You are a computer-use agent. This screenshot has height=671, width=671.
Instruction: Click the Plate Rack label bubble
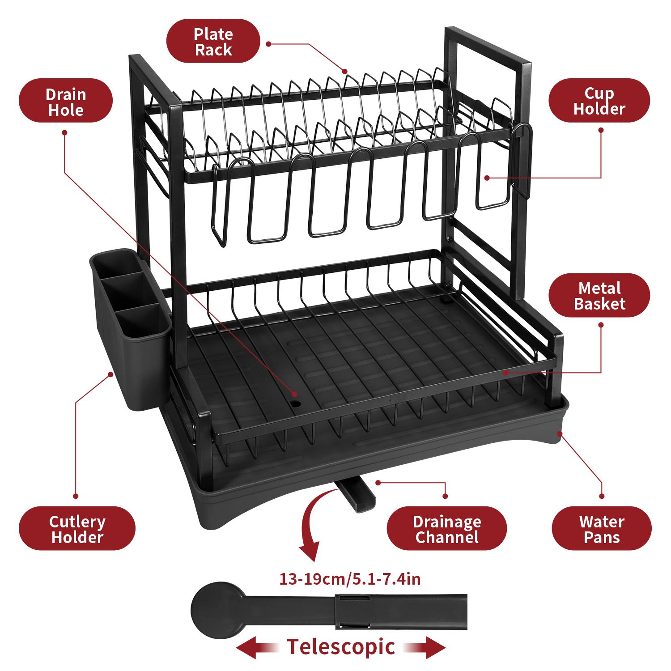click(x=213, y=41)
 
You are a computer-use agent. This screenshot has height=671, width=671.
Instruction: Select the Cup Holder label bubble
click(x=599, y=101)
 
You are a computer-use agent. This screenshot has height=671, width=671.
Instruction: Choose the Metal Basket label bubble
click(x=599, y=296)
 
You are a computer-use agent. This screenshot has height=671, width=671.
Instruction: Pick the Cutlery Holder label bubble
click(x=77, y=528)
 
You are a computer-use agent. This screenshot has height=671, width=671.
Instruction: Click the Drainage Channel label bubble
click(x=446, y=528)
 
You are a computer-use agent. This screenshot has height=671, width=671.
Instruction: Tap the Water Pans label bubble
click(x=602, y=528)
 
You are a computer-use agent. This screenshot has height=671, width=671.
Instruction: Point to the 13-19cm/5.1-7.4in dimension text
click(x=350, y=579)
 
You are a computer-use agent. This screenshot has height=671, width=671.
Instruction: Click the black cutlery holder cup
click(x=130, y=331)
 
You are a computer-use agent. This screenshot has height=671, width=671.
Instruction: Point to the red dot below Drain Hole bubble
click(x=64, y=132)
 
